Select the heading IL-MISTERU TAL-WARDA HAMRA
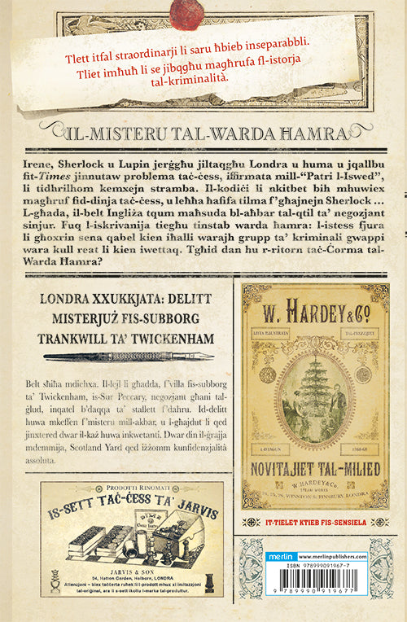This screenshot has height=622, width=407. [x=203, y=131]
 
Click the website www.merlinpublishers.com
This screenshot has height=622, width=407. [x=334, y=556]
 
